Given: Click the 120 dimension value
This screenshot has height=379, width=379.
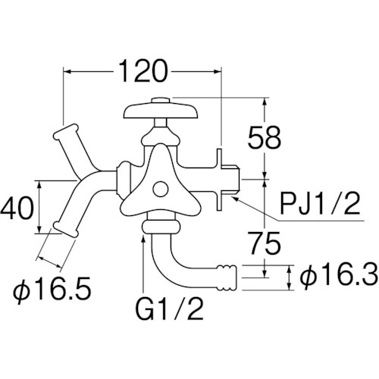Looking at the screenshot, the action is pos(143,71).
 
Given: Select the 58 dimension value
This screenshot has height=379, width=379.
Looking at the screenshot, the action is pos(265,138).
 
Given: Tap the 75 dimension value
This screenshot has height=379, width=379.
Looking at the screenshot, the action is pos(265,243).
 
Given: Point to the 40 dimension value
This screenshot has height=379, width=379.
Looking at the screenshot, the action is pos(17,208).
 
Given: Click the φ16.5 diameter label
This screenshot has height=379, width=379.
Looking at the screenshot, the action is pos(52,288).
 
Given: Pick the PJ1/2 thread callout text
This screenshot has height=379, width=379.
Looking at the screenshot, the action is pos(320,203).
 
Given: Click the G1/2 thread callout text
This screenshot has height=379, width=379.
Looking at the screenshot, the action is pos(169,308).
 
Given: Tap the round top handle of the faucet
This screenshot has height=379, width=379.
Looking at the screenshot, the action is pos(161,111).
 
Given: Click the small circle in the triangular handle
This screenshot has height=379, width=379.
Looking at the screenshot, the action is pos(161,189).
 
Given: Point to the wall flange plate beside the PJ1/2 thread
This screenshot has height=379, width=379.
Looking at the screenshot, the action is pos(219,180).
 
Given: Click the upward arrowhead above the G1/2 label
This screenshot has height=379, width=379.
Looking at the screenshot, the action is pos(143,239).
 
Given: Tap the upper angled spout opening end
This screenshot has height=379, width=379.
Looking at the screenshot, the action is pos(66,131).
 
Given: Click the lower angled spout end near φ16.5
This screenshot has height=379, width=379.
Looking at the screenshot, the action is pos(65,230).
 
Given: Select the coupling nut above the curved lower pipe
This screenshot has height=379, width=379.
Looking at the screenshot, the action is pos(161,227).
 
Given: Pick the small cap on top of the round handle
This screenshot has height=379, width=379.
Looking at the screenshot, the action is pos(161,100).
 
